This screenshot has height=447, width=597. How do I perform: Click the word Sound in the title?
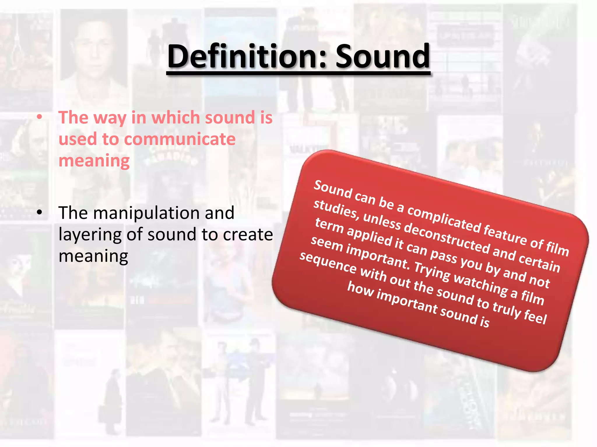pos(382,56)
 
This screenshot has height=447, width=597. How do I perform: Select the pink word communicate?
pos(180,139)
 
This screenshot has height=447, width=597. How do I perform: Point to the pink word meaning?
pos(94,161)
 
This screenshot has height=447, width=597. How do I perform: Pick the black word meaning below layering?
pos(93,256)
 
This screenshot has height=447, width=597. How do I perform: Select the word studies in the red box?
pos(335,209)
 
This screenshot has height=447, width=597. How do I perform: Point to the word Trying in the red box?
pos(432,272)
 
